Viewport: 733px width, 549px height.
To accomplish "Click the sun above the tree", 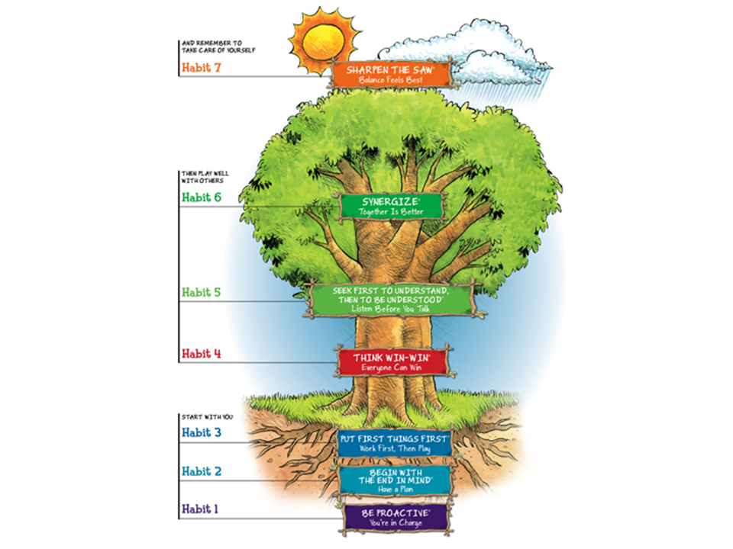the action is point(324,41).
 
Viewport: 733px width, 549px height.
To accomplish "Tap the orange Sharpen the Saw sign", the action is point(391,74).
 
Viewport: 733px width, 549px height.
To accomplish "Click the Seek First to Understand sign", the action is point(391,299).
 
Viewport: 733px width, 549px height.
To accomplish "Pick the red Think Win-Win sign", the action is point(392,362).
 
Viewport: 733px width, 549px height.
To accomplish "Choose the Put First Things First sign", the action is point(394,444).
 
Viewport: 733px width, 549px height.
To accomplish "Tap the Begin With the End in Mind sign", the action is point(396,480).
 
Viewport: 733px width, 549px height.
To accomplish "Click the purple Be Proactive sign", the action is point(396,518).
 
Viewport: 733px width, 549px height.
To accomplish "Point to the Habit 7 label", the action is point(201,68).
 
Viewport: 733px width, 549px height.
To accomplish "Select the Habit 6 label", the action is point(201,197).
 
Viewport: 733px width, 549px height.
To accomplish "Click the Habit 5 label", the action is point(201,292).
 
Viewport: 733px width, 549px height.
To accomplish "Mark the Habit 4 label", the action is point(201,353).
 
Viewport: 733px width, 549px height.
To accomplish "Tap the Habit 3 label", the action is point(201,433).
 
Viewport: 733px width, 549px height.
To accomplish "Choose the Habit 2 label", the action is point(201,471).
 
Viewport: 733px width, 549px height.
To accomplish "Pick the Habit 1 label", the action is point(199,509).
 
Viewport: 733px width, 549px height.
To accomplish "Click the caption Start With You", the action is point(207,417).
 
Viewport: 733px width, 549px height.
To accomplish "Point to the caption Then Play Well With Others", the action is point(205,177).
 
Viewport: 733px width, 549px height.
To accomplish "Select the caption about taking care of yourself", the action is point(219,47).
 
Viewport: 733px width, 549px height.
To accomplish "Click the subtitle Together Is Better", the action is point(391,212).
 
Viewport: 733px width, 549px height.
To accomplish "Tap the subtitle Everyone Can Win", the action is point(391,368).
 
